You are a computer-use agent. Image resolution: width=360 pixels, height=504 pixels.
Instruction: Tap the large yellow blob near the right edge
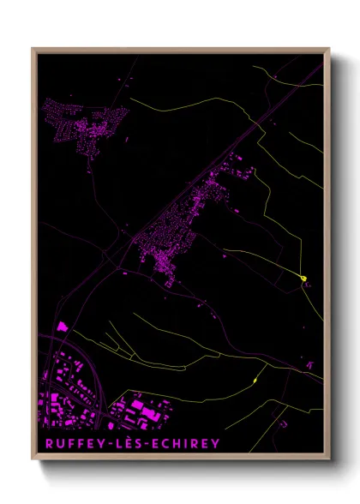(303, 277)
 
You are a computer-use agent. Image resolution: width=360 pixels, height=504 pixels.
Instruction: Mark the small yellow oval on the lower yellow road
(255, 380)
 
